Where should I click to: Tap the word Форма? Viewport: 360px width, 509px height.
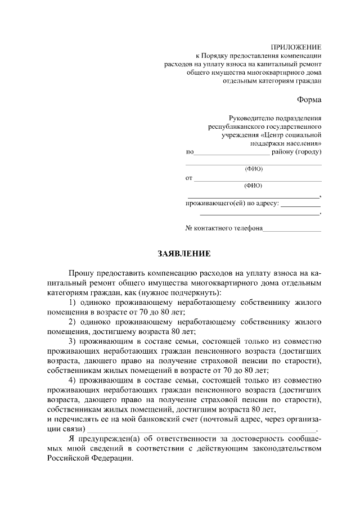309,100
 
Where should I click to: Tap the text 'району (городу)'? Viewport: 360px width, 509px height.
296,152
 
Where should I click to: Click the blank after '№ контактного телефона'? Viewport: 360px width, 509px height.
292,230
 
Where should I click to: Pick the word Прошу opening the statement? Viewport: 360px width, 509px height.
82,273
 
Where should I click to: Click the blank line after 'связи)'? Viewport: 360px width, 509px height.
202,430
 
